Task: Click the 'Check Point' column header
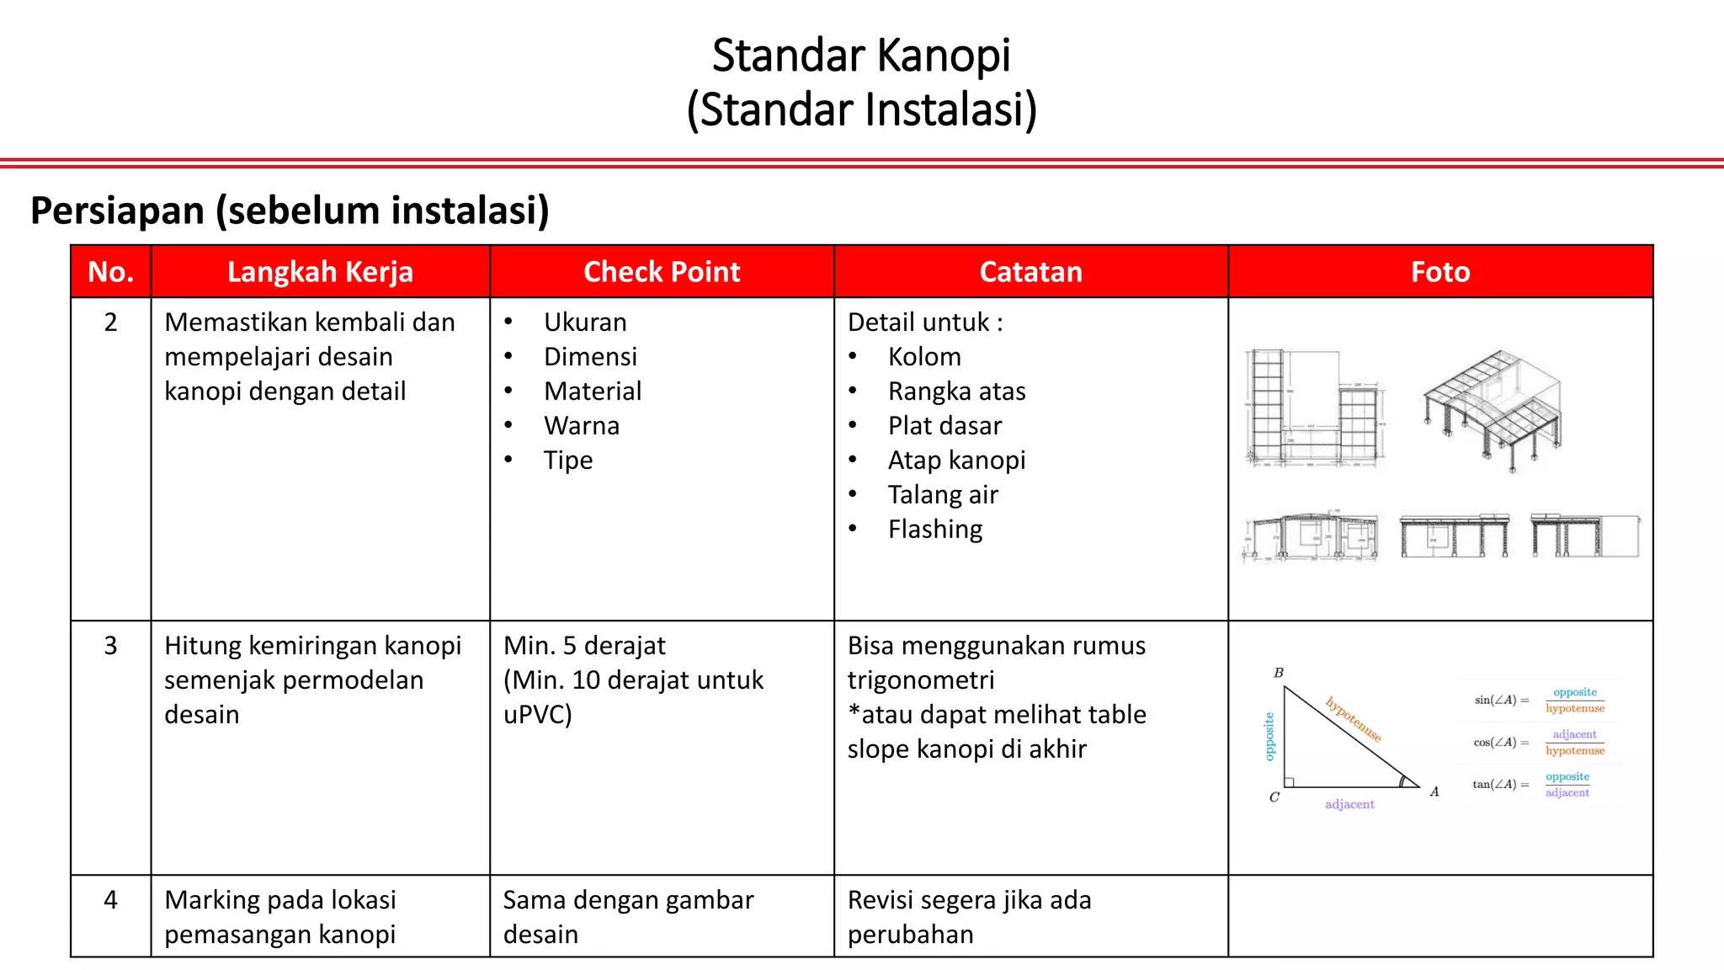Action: (x=662, y=272)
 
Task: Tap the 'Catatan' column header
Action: (x=1030, y=272)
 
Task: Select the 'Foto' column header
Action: (x=1440, y=272)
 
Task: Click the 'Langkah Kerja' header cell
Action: (x=320, y=272)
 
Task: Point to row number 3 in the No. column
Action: (x=110, y=646)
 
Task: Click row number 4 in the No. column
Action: (x=110, y=900)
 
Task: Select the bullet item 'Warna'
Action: (x=582, y=426)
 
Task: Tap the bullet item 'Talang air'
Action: (x=943, y=495)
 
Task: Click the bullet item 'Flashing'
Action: (x=935, y=530)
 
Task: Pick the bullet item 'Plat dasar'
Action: (x=944, y=426)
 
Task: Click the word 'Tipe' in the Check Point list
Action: (x=568, y=461)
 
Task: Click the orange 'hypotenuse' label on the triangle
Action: (x=1354, y=718)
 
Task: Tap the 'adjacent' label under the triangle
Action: (x=1349, y=805)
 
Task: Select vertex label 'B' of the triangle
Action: (x=1279, y=673)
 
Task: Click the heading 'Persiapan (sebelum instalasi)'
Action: (x=290, y=211)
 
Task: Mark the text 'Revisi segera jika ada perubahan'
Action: (x=969, y=917)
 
